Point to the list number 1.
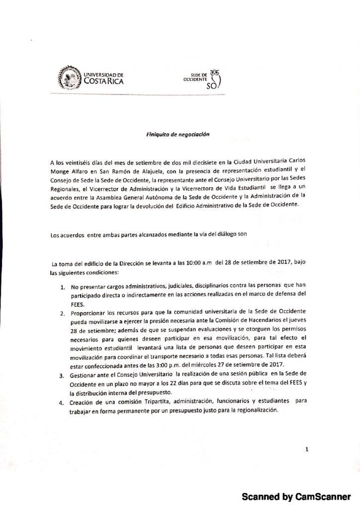coord(63,287)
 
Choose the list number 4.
coord(63,403)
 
